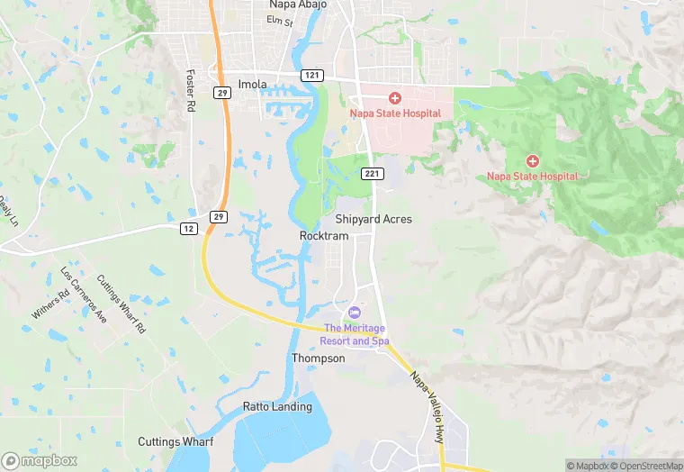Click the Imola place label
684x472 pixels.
[x=253, y=85]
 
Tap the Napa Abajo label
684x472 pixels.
[x=298, y=5]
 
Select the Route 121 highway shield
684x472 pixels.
[x=312, y=75]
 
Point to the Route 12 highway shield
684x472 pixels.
[x=187, y=229]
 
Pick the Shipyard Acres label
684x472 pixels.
[x=373, y=219]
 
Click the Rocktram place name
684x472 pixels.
[x=323, y=235]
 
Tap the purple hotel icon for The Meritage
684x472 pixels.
[x=353, y=312]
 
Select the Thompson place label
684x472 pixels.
[x=318, y=359]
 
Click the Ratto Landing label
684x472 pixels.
[x=277, y=406]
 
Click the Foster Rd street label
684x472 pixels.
[x=190, y=90]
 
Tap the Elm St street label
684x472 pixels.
[x=283, y=22]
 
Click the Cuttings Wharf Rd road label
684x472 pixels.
[x=121, y=304]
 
